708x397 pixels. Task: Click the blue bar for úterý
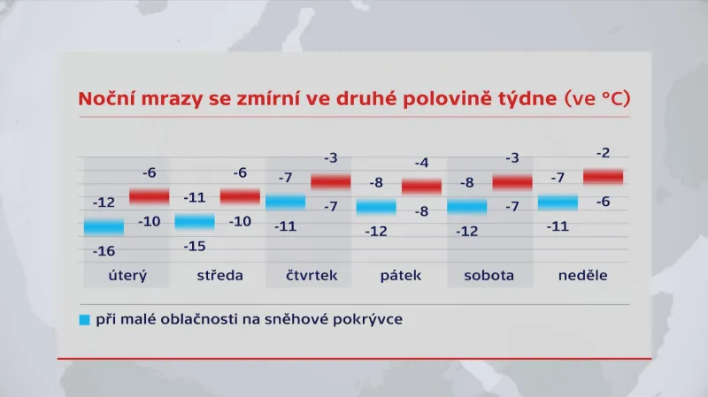click(104, 226)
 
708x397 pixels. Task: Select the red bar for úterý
click(149, 195)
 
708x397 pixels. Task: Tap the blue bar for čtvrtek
click(285, 202)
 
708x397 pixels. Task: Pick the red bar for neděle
click(603, 177)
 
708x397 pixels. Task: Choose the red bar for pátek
click(421, 186)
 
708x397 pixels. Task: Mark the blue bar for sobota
click(466, 208)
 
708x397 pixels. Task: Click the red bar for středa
click(240, 195)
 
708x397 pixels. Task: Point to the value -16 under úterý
click(104, 251)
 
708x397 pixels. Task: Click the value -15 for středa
click(195, 246)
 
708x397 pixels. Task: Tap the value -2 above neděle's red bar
click(603, 153)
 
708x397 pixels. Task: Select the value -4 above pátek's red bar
click(421, 163)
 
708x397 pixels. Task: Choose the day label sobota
click(489, 275)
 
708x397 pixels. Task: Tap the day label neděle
click(582, 275)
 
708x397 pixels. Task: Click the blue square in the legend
click(84, 319)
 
